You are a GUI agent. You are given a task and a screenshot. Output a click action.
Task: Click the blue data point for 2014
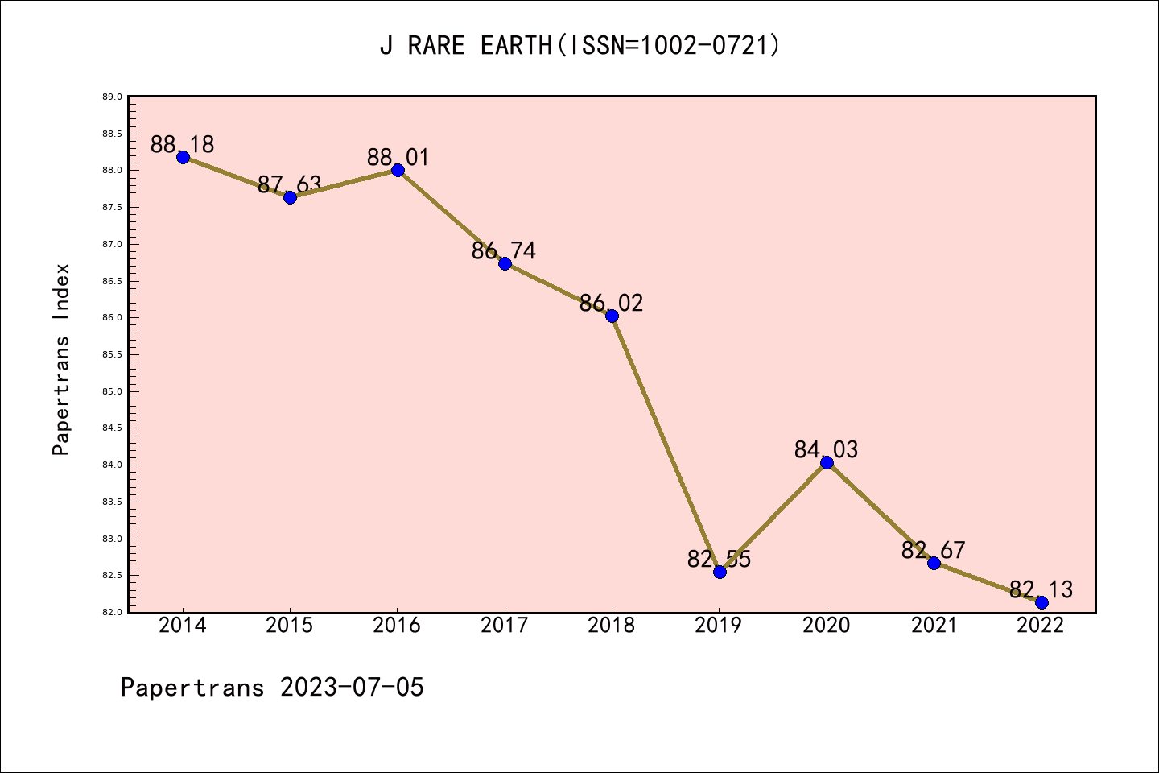183,157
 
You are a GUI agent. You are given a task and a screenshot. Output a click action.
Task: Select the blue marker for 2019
720,572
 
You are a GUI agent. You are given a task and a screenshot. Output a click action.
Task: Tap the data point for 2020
827,462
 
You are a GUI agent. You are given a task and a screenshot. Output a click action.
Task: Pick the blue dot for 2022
1041,602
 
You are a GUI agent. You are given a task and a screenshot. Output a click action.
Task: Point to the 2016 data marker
398,170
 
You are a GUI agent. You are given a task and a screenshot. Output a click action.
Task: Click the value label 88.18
183,144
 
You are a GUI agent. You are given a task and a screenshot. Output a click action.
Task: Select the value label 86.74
504,250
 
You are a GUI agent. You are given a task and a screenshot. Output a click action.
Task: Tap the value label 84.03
826,449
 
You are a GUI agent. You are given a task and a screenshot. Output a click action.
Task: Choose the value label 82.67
934,551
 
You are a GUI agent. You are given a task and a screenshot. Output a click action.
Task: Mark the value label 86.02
612,303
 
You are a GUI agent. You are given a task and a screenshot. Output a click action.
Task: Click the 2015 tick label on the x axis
290,626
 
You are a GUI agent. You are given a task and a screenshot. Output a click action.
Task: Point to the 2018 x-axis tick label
612,626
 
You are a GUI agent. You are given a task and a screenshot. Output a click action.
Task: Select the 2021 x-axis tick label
934,626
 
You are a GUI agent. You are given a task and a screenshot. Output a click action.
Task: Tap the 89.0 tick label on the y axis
112,97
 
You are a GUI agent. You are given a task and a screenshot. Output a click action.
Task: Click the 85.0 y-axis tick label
112,391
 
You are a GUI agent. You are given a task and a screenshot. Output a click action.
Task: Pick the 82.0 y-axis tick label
112,612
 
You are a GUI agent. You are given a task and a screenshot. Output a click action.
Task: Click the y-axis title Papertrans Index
61,359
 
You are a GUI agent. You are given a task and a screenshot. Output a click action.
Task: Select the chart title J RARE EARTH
467,45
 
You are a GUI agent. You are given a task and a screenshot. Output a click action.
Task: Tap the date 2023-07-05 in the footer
352,688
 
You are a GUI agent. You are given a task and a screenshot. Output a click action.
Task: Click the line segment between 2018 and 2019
666,444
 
